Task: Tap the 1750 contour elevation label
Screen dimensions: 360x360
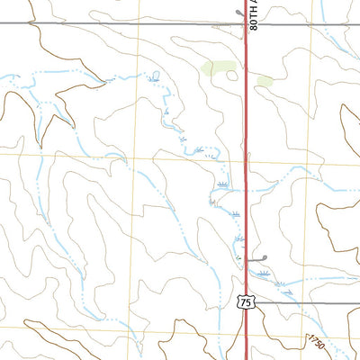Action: (x=315, y=342)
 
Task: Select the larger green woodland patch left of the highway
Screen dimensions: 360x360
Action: (x=217, y=67)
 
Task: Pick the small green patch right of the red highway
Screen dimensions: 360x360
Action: (x=265, y=81)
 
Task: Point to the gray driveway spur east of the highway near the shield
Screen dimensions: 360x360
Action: (x=257, y=259)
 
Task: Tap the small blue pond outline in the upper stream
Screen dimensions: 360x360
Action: (x=155, y=76)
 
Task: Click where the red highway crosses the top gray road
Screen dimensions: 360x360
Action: (x=246, y=24)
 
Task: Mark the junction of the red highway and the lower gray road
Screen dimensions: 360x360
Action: (x=247, y=303)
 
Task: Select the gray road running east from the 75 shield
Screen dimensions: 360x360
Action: (x=306, y=303)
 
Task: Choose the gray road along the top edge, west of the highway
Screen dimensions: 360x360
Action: (x=117, y=24)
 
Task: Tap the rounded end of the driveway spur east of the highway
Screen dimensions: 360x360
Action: (x=266, y=258)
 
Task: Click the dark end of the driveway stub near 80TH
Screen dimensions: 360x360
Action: (x=238, y=13)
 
